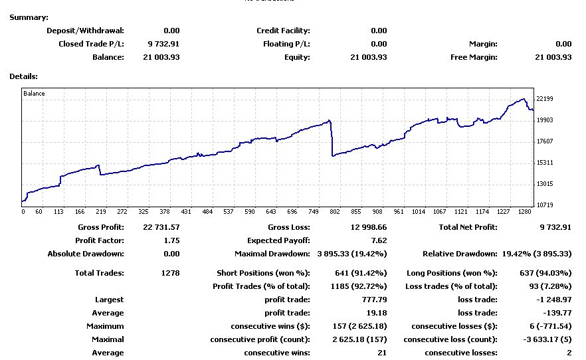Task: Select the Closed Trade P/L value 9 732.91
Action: [x=163, y=44]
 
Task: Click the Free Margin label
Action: [x=474, y=57]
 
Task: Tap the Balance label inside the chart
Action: [x=35, y=94]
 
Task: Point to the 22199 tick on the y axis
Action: [x=545, y=99]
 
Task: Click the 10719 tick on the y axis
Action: [x=545, y=205]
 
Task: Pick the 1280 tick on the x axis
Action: [x=525, y=212]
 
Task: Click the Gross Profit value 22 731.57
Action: [x=161, y=227]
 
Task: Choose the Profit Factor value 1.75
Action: [x=171, y=240]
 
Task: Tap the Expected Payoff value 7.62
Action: [x=379, y=240]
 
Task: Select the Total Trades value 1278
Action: [x=170, y=273]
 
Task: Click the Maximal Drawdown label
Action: [x=272, y=254]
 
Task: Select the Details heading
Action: [x=23, y=76]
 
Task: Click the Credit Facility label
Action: [x=283, y=31]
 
